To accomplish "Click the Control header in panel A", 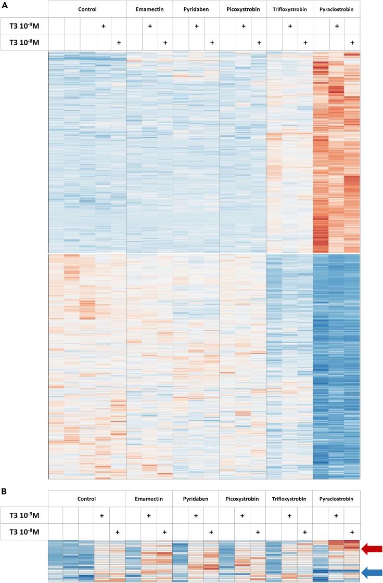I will (x=87, y=9).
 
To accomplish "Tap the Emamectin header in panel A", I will (x=149, y=9).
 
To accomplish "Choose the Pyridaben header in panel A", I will (x=196, y=9).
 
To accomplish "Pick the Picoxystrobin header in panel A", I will (x=242, y=9).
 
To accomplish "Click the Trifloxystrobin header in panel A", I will (x=289, y=9).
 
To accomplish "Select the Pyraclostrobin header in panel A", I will (x=336, y=9).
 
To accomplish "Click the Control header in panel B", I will (x=86, y=499).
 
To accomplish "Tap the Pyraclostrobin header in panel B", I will (x=336, y=499).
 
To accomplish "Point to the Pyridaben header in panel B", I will (x=196, y=499).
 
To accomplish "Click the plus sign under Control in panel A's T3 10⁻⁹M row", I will (x=103, y=25).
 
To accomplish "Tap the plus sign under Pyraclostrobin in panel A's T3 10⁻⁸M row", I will (x=352, y=42).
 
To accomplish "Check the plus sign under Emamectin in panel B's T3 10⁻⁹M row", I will (x=149, y=515).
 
